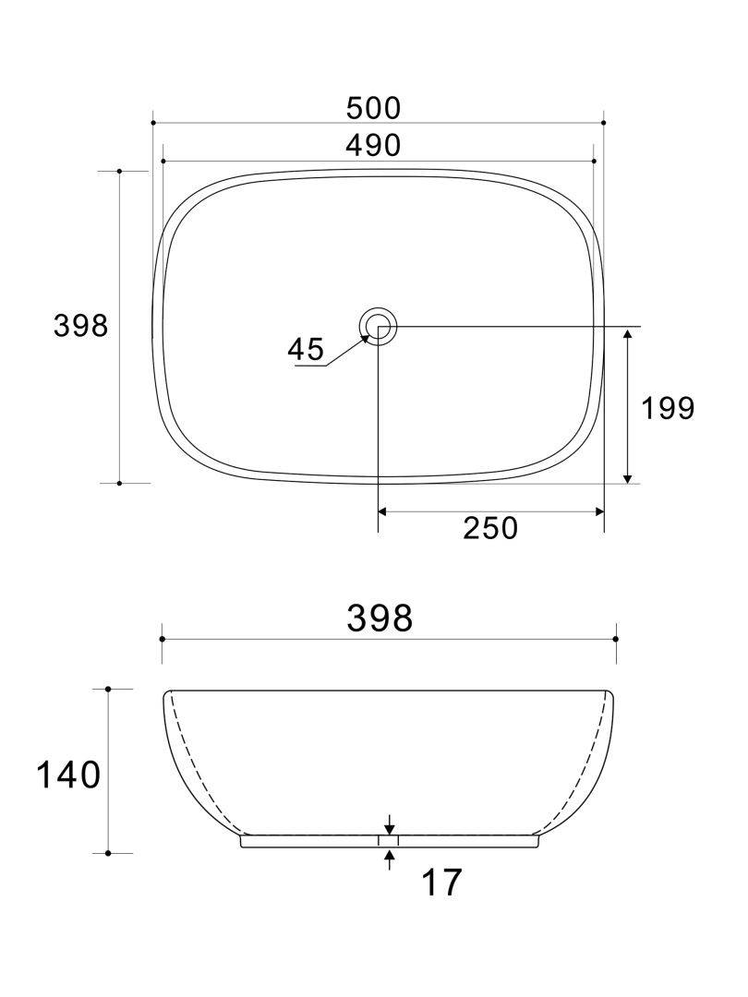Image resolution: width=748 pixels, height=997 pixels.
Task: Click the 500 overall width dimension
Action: [374, 108]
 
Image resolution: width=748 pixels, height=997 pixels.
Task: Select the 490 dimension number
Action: [374, 145]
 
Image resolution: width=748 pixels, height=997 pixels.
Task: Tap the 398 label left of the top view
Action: [81, 326]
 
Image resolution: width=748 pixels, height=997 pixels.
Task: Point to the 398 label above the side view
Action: [380, 619]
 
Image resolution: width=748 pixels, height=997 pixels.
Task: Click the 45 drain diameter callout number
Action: [306, 349]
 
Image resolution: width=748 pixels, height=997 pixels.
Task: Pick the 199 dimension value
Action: [668, 408]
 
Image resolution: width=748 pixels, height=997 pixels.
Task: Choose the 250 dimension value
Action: [489, 528]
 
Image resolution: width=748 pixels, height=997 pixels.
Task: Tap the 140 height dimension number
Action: [67, 775]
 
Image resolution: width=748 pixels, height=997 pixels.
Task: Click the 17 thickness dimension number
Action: [440, 883]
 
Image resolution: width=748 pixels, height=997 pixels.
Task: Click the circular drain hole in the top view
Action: [379, 326]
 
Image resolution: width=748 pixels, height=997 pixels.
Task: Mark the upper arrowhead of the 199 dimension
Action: [628, 334]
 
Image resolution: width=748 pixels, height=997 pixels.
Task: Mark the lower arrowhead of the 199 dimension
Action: [628, 476]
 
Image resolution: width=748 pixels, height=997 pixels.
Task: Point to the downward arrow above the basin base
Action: [390, 828]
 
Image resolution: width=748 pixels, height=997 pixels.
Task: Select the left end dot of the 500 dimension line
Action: [152, 122]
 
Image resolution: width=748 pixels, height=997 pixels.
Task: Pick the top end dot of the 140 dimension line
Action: [108, 689]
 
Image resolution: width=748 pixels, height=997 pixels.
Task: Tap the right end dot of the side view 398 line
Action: [616, 638]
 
